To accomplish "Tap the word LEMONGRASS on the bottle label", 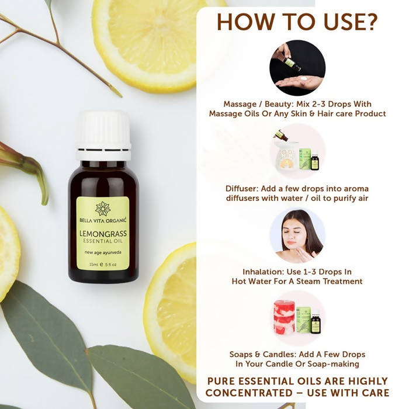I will coord(103,234).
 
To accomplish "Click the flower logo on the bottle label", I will coord(103,208).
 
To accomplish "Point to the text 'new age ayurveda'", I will coord(103,253).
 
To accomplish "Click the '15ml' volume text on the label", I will coord(92,264).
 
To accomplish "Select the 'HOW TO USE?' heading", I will coord(297,22).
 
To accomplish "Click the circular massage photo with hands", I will coord(297,68).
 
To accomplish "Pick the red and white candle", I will coord(284,318).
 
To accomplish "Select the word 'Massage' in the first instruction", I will coord(240,104).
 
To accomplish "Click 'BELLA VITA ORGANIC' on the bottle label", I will coord(103,221).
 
